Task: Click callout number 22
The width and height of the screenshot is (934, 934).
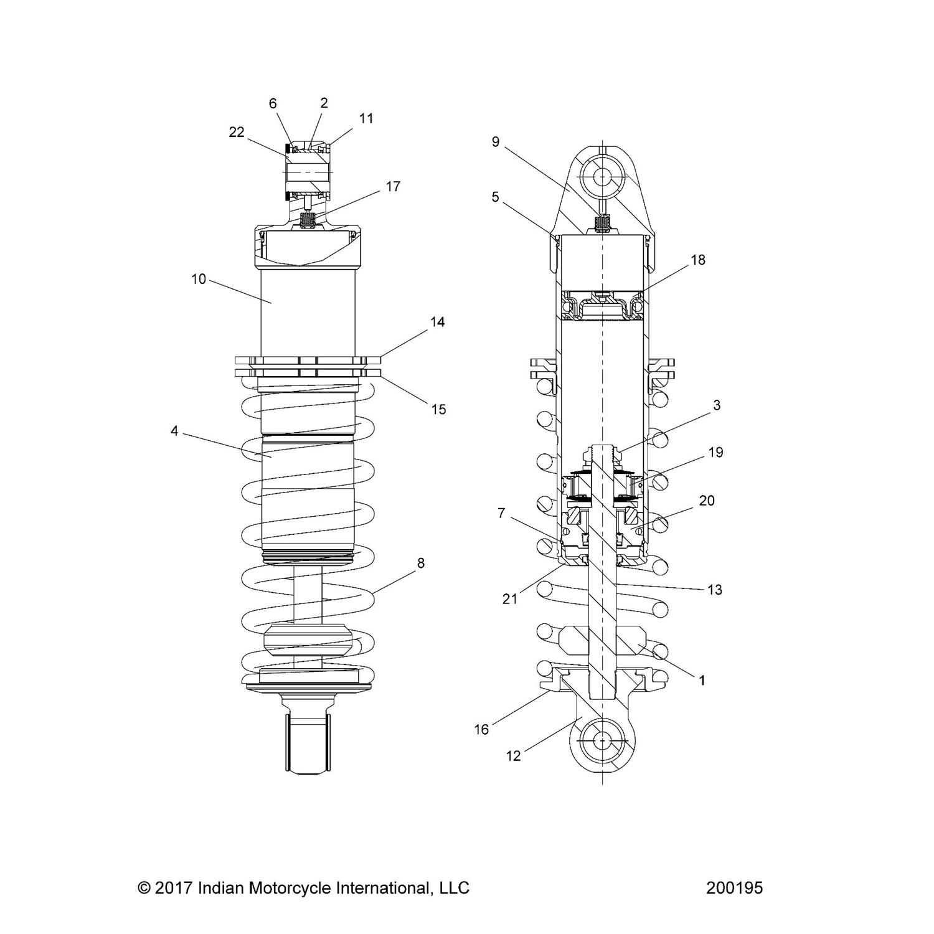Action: [x=237, y=132]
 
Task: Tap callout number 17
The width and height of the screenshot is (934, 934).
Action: [x=393, y=186]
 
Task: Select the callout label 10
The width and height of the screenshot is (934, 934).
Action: [x=199, y=279]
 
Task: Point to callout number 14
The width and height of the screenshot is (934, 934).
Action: [x=438, y=322]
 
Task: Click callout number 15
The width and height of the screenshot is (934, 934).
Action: [x=439, y=409]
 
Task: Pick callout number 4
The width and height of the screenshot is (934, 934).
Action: [x=174, y=431]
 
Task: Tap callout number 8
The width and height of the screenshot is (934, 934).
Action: [x=421, y=563]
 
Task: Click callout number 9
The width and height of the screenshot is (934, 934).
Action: [x=496, y=142]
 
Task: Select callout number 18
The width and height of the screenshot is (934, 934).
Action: [x=699, y=260]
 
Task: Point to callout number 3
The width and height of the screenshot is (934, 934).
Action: [x=717, y=405]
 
